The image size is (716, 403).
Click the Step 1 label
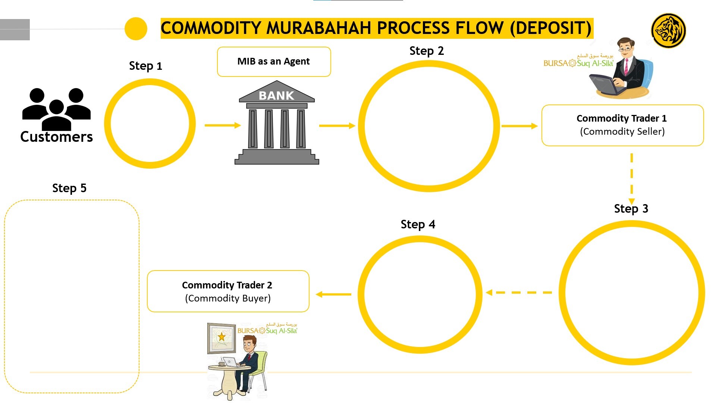[x=145, y=66]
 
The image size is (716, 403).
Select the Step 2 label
[x=427, y=51]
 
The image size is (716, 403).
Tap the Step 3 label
[x=631, y=209]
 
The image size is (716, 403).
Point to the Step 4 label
[x=418, y=224]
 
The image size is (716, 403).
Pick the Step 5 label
[x=69, y=188]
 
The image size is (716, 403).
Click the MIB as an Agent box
[x=274, y=62]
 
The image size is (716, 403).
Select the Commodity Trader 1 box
[x=622, y=125]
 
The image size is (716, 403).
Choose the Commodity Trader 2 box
[x=228, y=291]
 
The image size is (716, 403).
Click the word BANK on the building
[x=276, y=96]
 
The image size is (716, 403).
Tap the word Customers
[x=57, y=137]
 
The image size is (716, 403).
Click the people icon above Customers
[x=56, y=109]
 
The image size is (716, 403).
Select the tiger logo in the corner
[x=668, y=31]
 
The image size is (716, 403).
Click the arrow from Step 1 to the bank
[x=223, y=125]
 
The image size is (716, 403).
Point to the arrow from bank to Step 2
[x=337, y=126]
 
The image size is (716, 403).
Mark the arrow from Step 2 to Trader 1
[x=519, y=126]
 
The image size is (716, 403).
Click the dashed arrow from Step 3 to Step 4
[x=519, y=293]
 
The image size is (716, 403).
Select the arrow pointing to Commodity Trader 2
[x=333, y=294]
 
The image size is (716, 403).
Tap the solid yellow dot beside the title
[x=136, y=29]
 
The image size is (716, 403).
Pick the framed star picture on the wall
[x=222, y=338]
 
